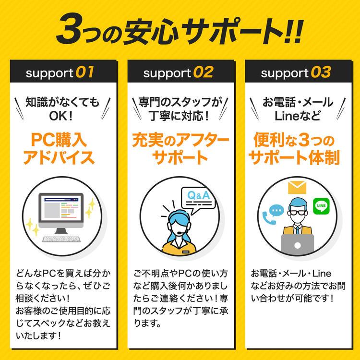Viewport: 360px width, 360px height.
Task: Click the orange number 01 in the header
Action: tap(84, 72)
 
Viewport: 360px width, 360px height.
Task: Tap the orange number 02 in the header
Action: tap(204, 72)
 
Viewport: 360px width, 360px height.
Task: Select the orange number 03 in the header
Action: tap(321, 72)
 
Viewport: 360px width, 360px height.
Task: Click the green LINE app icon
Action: tap(321, 206)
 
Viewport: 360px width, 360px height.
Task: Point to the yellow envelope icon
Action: tap(297, 187)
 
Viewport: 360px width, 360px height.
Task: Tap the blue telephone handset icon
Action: tap(268, 217)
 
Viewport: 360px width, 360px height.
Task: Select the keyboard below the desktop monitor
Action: tap(61, 239)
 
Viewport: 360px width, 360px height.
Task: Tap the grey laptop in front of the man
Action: tap(297, 244)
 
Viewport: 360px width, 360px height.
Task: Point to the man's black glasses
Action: tap(298, 213)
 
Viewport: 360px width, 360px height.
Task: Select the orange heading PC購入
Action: tap(59, 140)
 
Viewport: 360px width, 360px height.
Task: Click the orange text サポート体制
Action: tap(294, 158)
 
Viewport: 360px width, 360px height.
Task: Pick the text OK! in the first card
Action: tap(61, 116)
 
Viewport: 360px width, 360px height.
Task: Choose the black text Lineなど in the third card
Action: tap(297, 116)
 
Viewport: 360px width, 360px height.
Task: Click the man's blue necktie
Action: tap(298, 229)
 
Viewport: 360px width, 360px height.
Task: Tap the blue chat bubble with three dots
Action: tap(276, 210)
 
